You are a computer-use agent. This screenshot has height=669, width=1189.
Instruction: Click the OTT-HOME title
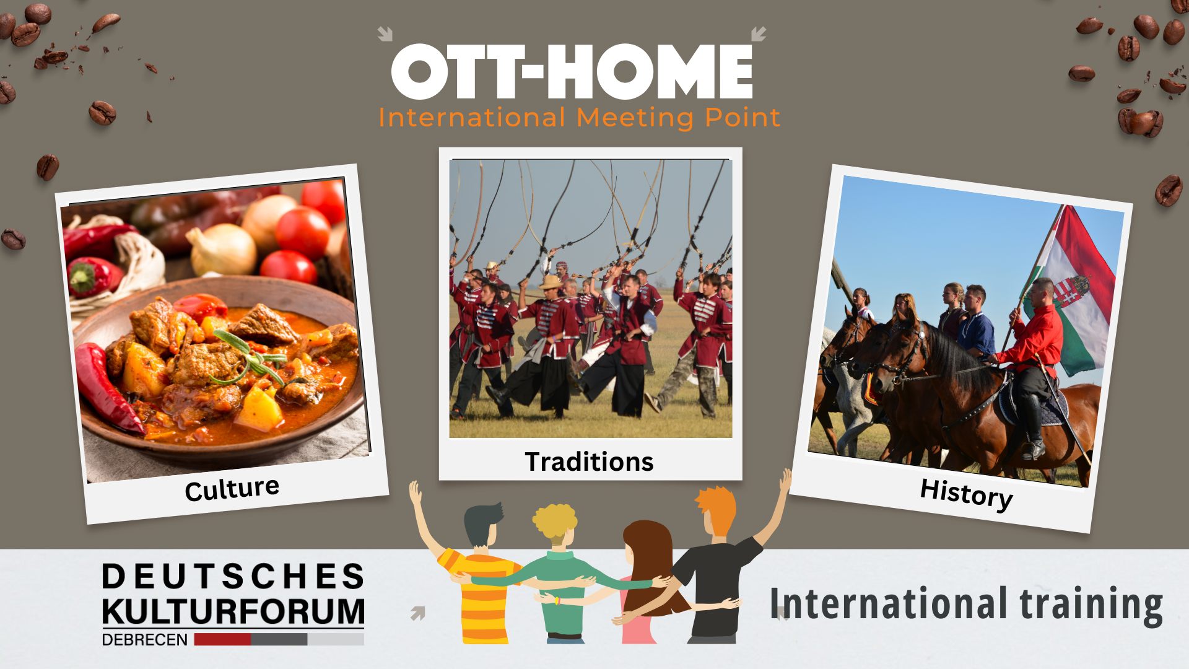click(572, 71)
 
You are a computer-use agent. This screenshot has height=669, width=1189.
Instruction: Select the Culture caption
click(232, 489)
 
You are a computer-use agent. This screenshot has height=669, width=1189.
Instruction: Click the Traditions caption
click(589, 462)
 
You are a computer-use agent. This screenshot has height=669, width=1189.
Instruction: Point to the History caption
click(966, 494)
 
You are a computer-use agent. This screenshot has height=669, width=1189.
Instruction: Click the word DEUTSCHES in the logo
click(233, 577)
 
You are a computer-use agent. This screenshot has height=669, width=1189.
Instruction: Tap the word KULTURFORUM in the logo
click(233, 611)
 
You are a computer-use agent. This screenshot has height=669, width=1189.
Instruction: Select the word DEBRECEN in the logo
click(145, 640)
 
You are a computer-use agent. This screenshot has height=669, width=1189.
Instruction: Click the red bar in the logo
click(222, 639)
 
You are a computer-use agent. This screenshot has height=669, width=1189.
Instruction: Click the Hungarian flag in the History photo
click(1074, 291)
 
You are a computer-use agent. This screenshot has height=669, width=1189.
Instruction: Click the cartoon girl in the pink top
click(644, 582)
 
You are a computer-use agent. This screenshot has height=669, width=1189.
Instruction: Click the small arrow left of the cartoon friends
click(418, 613)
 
